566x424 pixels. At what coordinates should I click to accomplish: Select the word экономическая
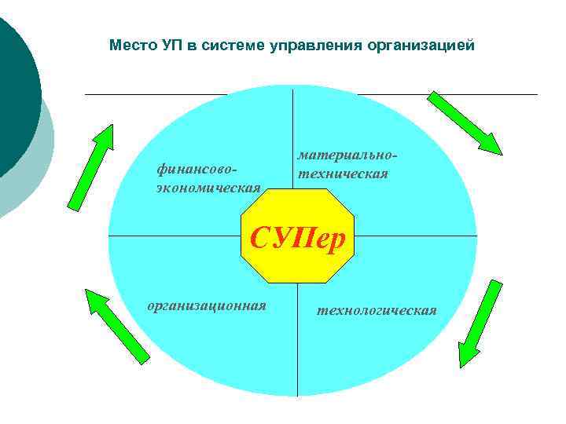click(x=208, y=186)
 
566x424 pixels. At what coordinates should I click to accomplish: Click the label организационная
click(x=207, y=305)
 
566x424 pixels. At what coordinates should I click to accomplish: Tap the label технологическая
click(x=377, y=310)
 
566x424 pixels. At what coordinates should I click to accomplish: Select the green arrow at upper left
click(x=90, y=167)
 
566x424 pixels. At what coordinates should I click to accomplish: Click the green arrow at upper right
click(x=464, y=123)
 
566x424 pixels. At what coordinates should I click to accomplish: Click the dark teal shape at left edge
click(x=16, y=94)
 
